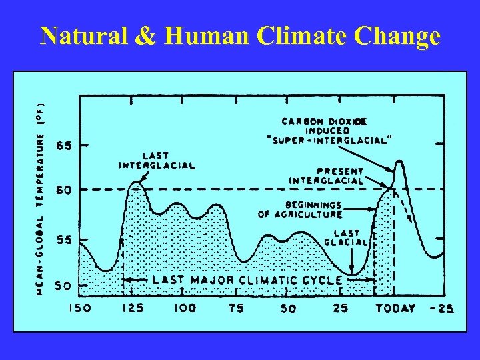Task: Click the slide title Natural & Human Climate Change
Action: (x=240, y=36)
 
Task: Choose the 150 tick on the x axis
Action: (x=80, y=309)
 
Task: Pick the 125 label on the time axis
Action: (x=133, y=309)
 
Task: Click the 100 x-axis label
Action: (x=185, y=309)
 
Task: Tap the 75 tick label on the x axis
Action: (x=235, y=309)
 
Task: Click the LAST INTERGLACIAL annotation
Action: (x=157, y=161)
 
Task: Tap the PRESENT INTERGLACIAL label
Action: (x=327, y=175)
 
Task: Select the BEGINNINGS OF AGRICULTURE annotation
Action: (x=301, y=209)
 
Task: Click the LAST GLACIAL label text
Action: (x=346, y=237)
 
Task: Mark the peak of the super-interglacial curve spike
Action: (x=399, y=161)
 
